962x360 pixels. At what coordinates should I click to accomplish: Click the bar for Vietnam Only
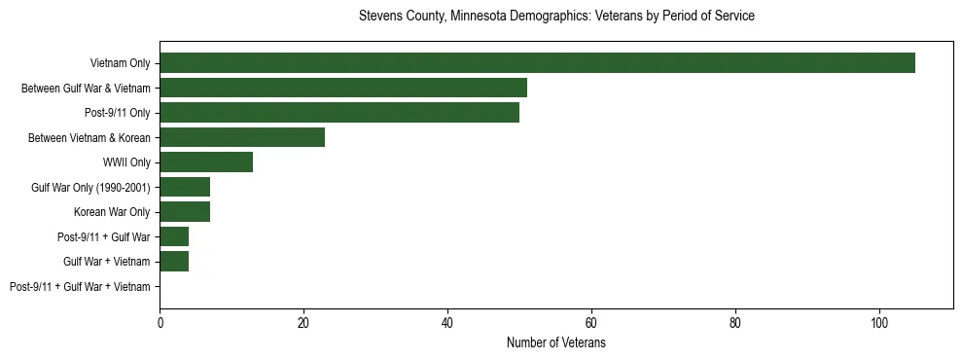(x=537, y=63)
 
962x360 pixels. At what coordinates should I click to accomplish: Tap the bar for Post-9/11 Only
(x=339, y=113)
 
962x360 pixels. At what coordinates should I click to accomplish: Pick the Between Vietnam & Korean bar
(x=242, y=137)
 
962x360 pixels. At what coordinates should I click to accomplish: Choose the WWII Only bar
(x=206, y=162)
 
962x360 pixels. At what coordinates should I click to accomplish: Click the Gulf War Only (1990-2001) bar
(x=185, y=187)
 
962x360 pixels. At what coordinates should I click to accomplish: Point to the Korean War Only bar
(x=185, y=212)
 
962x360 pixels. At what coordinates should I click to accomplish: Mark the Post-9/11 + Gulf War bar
(x=174, y=236)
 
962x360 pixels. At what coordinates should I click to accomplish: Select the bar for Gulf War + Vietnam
(x=174, y=262)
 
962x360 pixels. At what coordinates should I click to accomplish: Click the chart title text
(x=556, y=17)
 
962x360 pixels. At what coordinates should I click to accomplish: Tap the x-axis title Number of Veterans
(x=556, y=342)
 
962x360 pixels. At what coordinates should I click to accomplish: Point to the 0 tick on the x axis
(x=160, y=322)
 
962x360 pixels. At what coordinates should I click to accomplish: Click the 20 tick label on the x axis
(x=303, y=322)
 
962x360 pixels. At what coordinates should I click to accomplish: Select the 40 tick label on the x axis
(x=447, y=322)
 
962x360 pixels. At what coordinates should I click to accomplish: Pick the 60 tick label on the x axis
(x=591, y=322)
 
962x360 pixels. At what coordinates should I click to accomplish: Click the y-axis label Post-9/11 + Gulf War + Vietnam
(x=80, y=287)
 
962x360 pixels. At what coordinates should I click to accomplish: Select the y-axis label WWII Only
(x=126, y=162)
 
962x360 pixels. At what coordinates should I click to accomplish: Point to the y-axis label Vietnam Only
(x=120, y=63)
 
